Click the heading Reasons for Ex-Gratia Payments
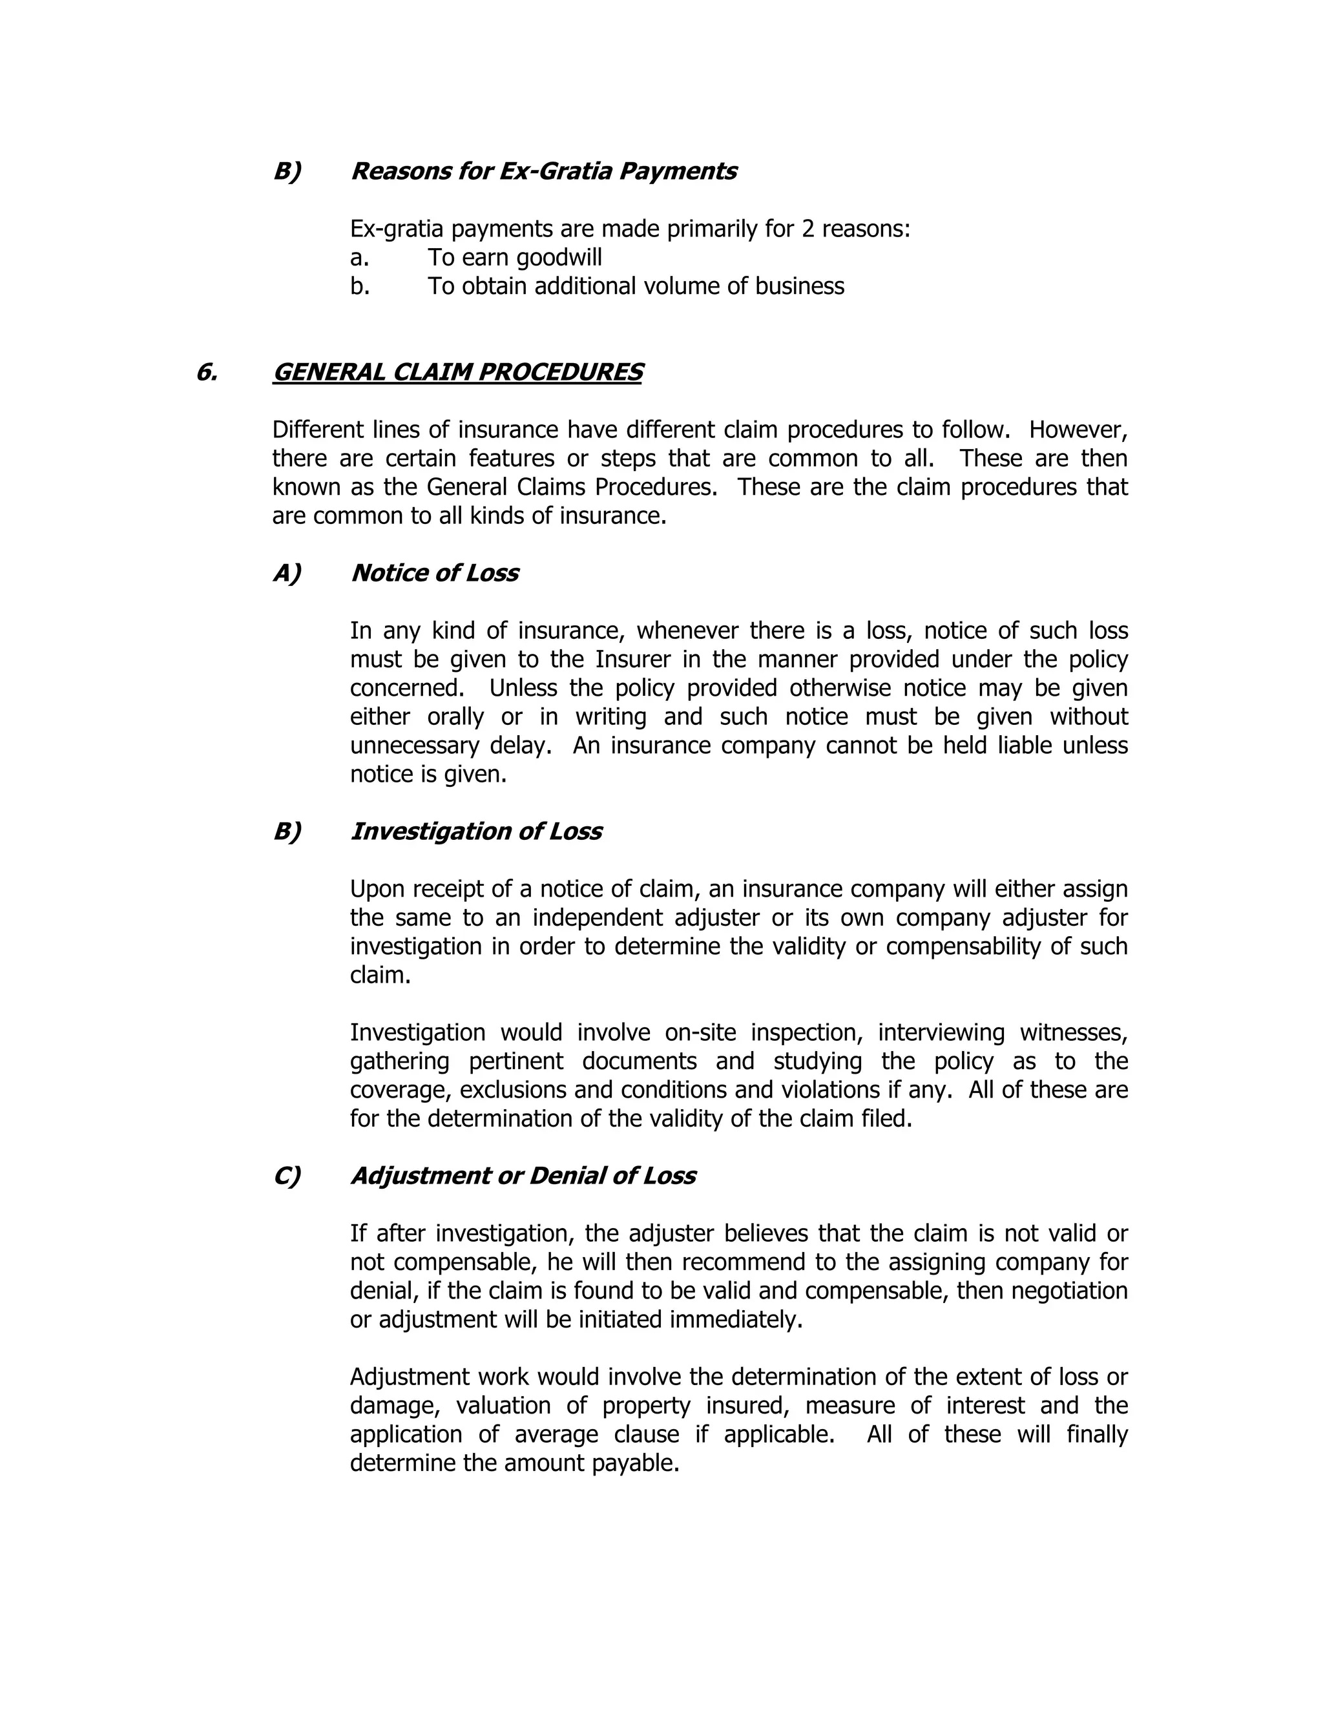pos(543,171)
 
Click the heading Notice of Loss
pos(434,573)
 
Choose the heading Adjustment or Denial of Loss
pos(523,1176)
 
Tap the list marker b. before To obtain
pos(360,286)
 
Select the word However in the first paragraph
pos(1078,430)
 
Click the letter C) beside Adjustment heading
pos(287,1176)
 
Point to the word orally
pos(455,716)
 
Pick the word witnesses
pos(1073,1032)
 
